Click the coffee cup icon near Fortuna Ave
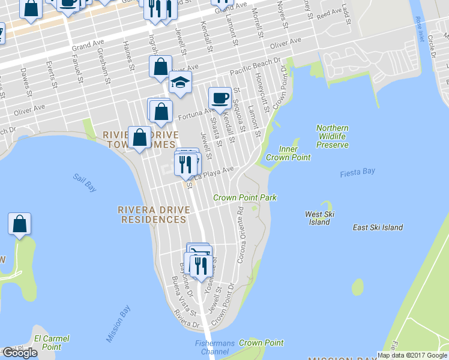(219, 98)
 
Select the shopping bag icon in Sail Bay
(20, 224)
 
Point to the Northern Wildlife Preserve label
(332, 136)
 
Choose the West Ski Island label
(319, 218)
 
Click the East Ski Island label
(378, 227)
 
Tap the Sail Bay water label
(85, 182)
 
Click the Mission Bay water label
(118, 324)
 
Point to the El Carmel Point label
(47, 343)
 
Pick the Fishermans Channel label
(212, 347)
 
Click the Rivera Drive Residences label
(152, 215)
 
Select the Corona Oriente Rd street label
(241, 227)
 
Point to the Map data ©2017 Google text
(412, 355)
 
